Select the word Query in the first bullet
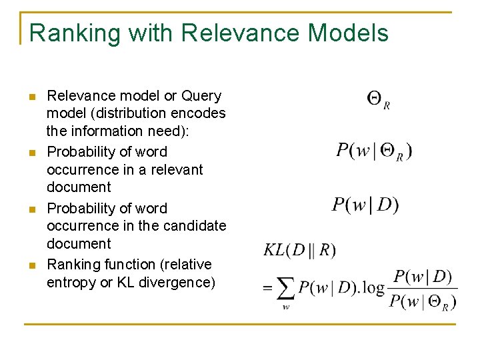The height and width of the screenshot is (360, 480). pyautogui.click(x=201, y=96)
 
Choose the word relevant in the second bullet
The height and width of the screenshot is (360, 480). pyautogui.click(x=178, y=169)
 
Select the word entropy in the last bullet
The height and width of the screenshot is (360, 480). pyautogui.click(x=71, y=283)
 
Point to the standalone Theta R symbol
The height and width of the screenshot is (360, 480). pyautogui.click(x=378, y=100)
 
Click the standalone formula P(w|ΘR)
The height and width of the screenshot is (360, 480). pyautogui.click(x=374, y=151)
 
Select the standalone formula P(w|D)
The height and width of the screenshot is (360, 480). pyautogui.click(x=365, y=205)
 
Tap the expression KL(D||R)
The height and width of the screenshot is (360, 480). pyautogui.click(x=300, y=250)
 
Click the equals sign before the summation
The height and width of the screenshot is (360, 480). pyautogui.click(x=268, y=289)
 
